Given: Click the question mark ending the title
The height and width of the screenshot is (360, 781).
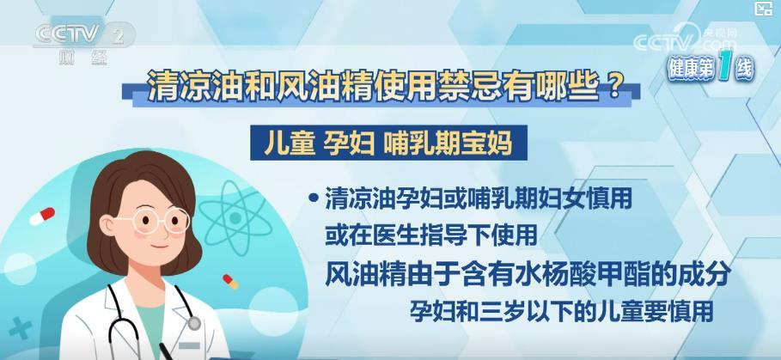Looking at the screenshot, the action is coord(614,85).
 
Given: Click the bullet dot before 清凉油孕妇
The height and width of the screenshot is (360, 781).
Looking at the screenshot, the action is coord(314,198).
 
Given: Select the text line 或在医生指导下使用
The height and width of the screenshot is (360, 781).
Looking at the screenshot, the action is coord(430,235).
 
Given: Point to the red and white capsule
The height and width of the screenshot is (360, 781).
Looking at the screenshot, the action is coord(42,217).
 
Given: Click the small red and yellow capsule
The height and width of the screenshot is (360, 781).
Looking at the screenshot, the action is coord(230,281).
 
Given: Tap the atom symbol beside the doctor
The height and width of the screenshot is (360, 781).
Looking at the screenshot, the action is coord(235,218).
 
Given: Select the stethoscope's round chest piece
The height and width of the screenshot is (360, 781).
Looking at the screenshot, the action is coord(194,324).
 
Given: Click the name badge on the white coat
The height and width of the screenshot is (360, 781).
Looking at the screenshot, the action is coord(189,345).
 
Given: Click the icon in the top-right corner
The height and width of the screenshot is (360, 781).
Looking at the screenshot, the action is coord(764,9).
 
